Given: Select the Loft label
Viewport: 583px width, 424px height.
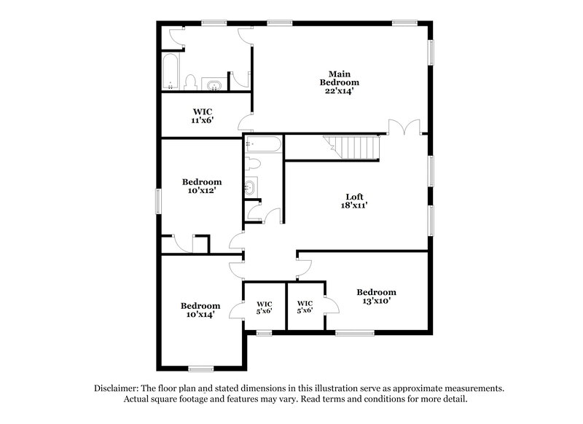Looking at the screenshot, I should point(355,196).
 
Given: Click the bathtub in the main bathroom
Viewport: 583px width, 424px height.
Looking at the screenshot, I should point(171,71).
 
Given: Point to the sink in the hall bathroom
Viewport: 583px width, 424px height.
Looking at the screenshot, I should point(251,187).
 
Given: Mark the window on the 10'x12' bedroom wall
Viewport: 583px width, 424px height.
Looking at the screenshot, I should point(158,200).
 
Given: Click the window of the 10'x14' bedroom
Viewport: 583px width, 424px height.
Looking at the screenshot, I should point(200,367).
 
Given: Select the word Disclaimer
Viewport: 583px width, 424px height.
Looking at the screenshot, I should point(119,388).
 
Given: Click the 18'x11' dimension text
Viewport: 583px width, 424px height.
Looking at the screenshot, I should point(355,206).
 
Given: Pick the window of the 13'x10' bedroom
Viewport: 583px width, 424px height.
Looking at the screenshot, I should point(354,333).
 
